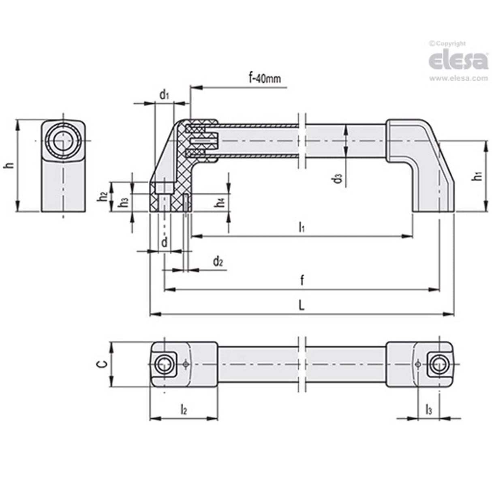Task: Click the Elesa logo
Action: click(458, 60)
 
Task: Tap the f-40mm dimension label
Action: click(264, 78)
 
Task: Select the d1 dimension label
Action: click(164, 95)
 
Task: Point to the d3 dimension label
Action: click(338, 178)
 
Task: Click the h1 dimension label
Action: click(478, 176)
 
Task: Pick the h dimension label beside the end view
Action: click(9, 165)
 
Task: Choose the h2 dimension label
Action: click(103, 197)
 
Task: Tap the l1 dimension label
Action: click(302, 228)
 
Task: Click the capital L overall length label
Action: click(301, 306)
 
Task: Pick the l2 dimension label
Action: click(183, 410)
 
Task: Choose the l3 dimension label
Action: click(428, 410)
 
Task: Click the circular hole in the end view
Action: click(63, 140)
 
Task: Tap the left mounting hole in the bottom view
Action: click(164, 364)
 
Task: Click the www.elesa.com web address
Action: click(458, 78)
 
